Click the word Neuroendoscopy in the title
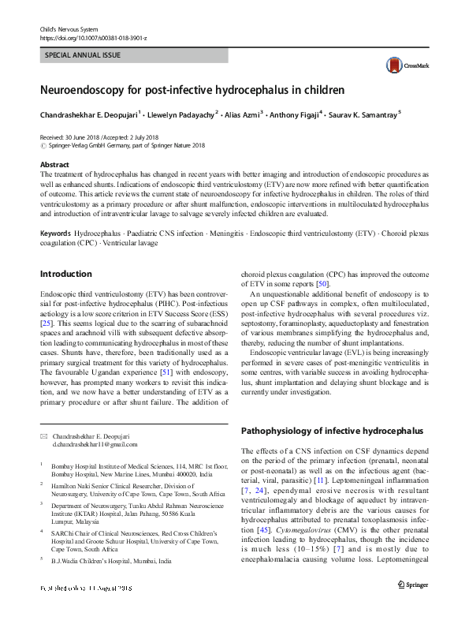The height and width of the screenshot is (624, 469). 86,91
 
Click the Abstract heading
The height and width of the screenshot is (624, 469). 54,163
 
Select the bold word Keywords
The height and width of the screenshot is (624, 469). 55,235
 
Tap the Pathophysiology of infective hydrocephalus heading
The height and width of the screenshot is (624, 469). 332,431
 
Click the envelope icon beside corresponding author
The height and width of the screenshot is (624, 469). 43,435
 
